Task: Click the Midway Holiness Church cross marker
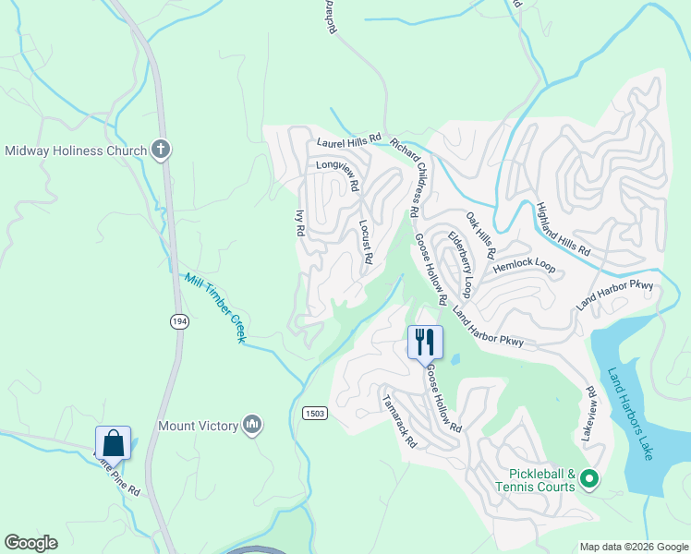click(x=161, y=150)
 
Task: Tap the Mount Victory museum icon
click(x=252, y=425)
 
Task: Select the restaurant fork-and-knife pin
click(x=425, y=342)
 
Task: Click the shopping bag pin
click(x=113, y=442)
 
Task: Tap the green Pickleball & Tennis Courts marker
click(x=588, y=479)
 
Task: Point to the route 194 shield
click(x=179, y=320)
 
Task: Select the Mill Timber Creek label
click(x=213, y=307)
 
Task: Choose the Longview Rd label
click(x=337, y=175)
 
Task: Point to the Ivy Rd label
click(x=299, y=224)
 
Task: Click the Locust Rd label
click(x=365, y=242)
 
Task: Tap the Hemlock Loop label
click(x=524, y=266)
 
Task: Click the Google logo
click(x=30, y=543)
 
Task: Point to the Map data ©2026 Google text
click(x=634, y=547)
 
